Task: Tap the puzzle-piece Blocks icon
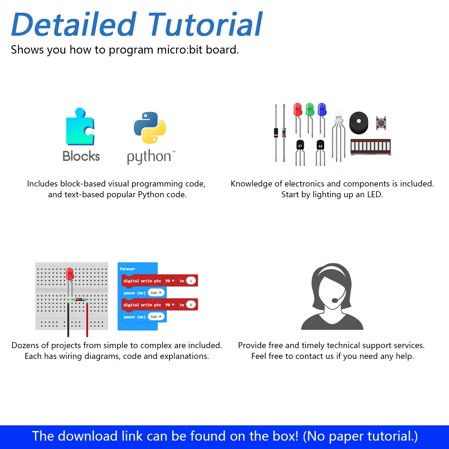[x=80, y=127]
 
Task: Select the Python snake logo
[x=150, y=128]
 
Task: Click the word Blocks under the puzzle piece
[x=81, y=156]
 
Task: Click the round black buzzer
[x=359, y=123]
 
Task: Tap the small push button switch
[x=381, y=123]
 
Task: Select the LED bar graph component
[x=371, y=147]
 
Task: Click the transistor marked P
[x=300, y=145]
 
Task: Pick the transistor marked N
[x=320, y=145]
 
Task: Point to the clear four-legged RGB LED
[x=339, y=119]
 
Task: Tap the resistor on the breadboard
[x=80, y=299]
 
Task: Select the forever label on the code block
[x=128, y=269]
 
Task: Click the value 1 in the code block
[x=191, y=281]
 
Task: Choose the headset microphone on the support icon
[x=335, y=300]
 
